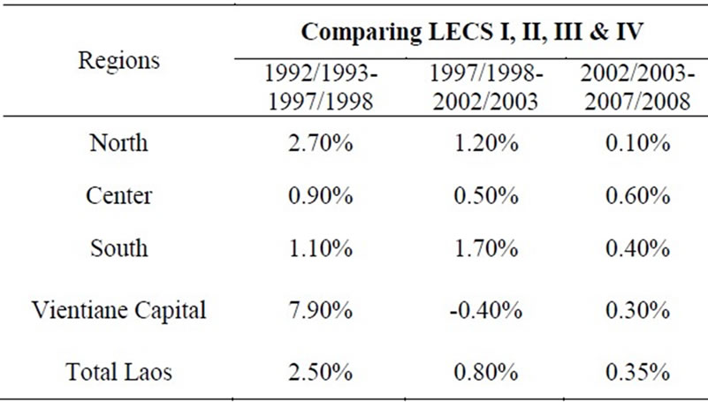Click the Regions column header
119,61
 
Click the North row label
119,144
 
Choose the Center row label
119,196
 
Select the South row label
119,248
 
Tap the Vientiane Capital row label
119,310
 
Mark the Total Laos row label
119,372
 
